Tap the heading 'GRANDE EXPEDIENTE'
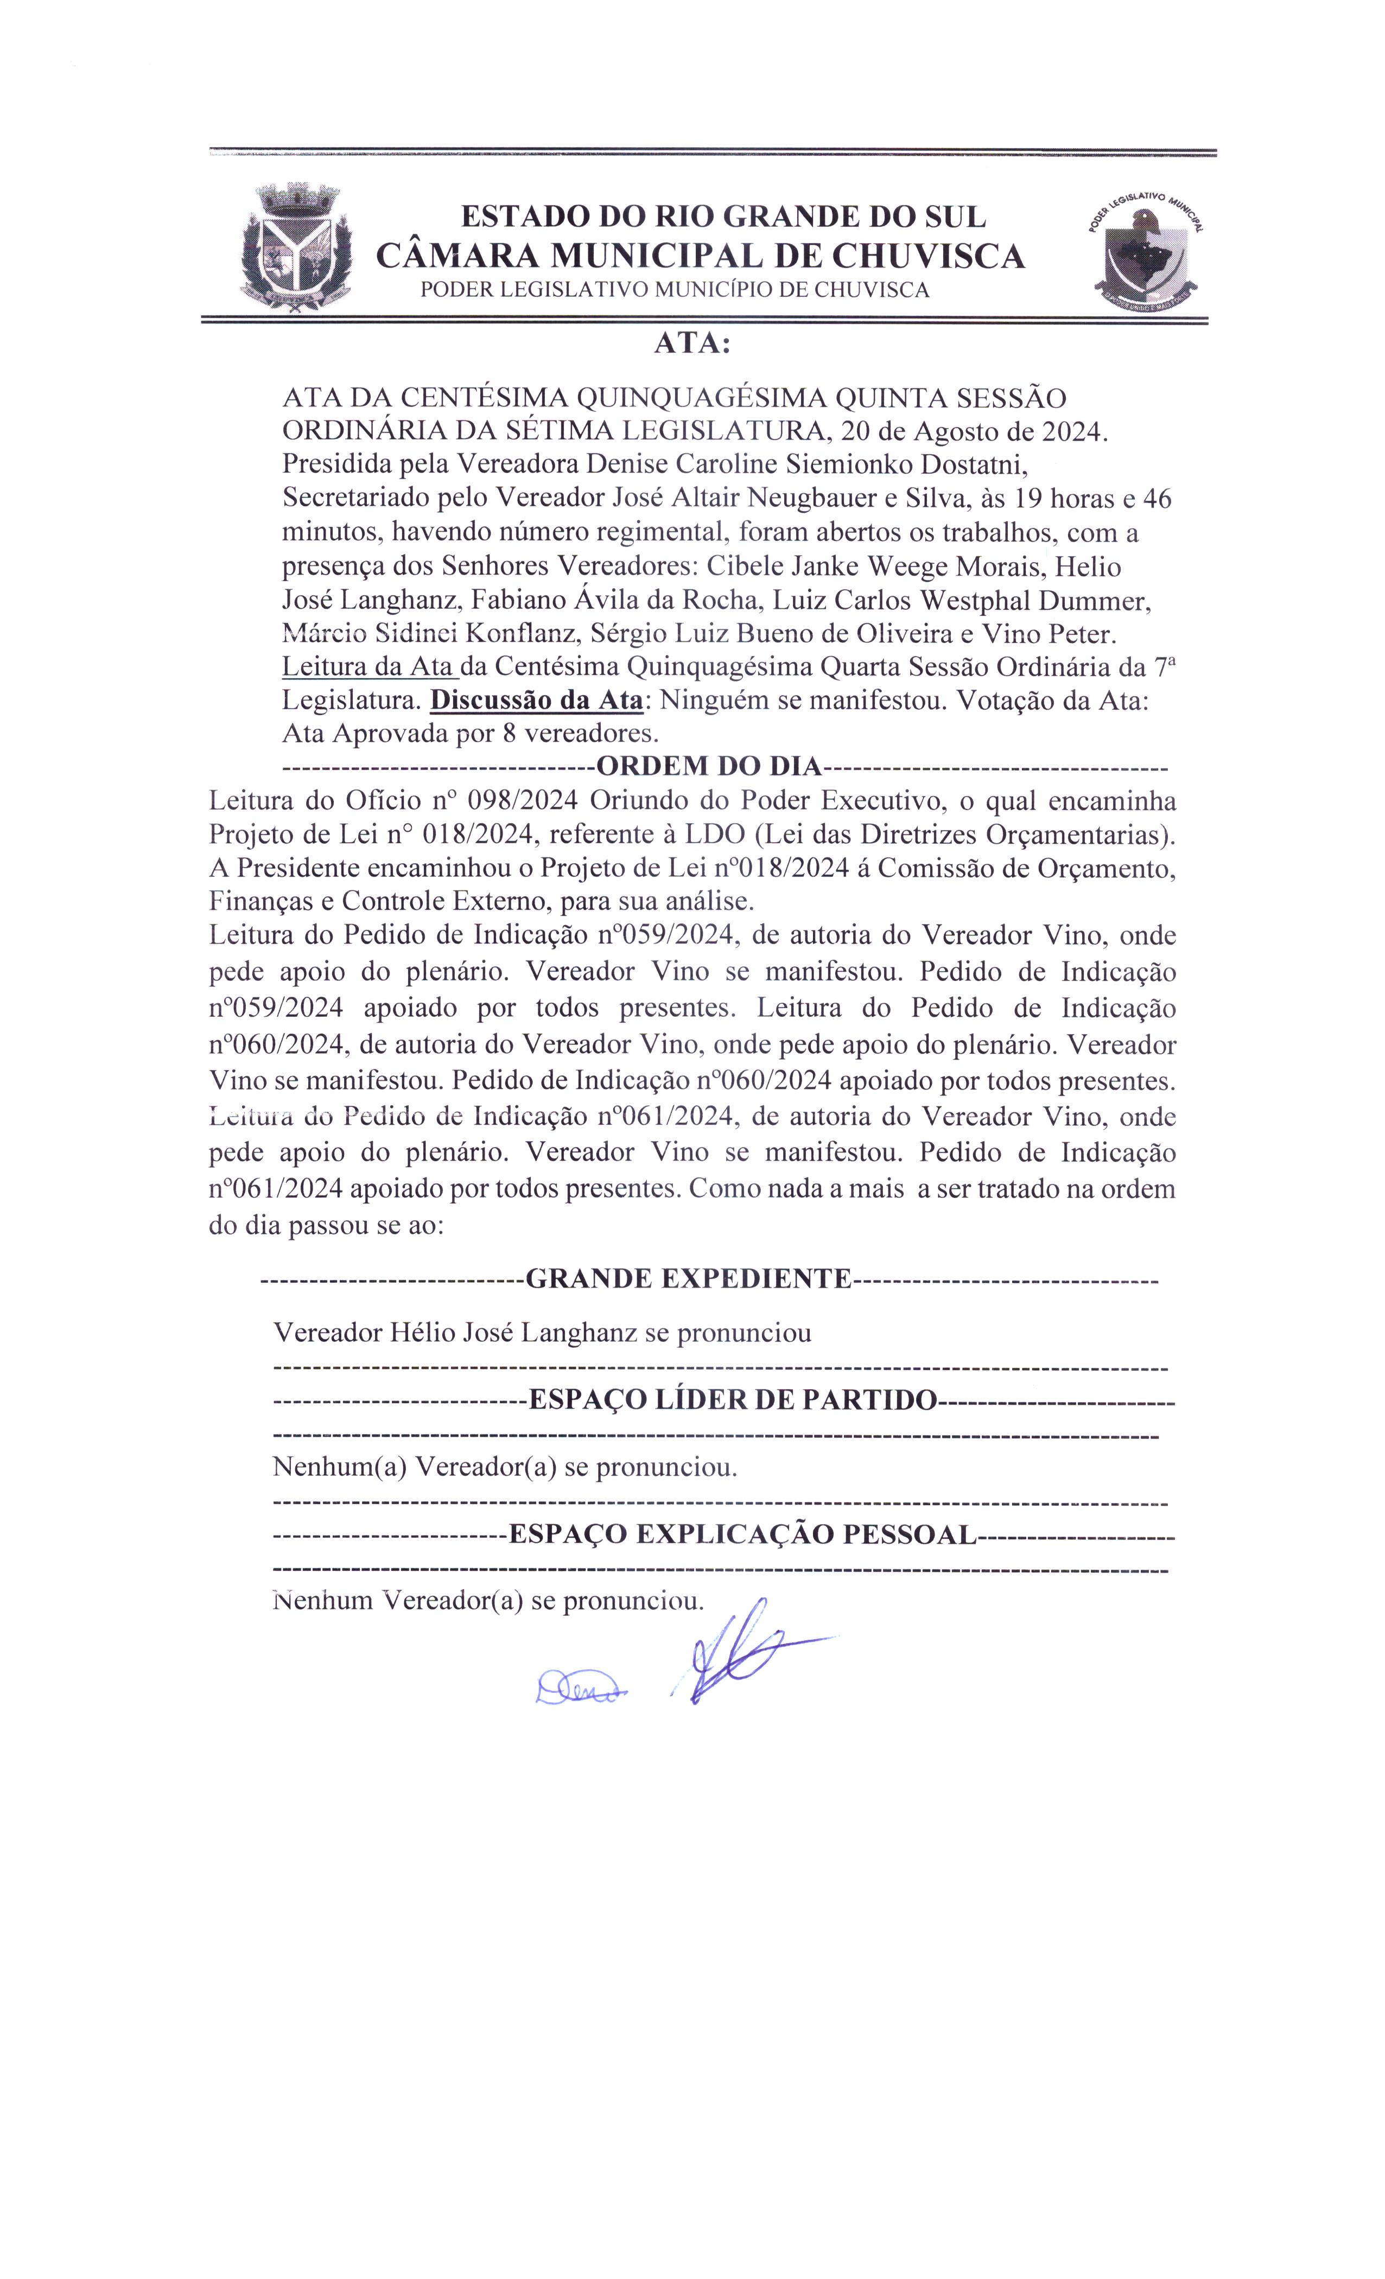click(x=688, y=1278)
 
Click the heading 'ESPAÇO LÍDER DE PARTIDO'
click(x=732, y=1399)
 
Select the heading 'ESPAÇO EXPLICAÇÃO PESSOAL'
click(x=742, y=1535)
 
